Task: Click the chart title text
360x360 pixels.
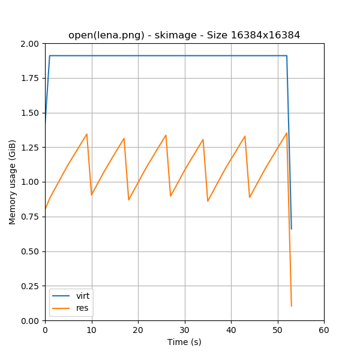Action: [184, 35]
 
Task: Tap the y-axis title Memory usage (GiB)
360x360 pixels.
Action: [13, 182]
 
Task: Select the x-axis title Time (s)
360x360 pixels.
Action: [184, 342]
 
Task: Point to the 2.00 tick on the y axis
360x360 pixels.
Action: [29, 44]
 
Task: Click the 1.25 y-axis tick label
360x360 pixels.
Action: [29, 148]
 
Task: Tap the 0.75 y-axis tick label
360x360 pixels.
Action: [29, 217]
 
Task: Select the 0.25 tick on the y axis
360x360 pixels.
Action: [29, 286]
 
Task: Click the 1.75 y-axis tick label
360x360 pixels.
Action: [29, 79]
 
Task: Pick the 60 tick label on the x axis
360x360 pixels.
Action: [324, 330]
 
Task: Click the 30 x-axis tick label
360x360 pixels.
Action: [184, 330]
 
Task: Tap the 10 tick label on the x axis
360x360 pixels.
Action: [91, 330]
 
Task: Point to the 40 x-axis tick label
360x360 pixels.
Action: [231, 330]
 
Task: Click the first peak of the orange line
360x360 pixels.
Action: [86, 134]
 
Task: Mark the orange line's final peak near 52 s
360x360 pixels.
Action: [287, 133]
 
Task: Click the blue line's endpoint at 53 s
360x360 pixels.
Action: [292, 229]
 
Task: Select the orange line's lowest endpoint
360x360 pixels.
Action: [292, 306]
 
